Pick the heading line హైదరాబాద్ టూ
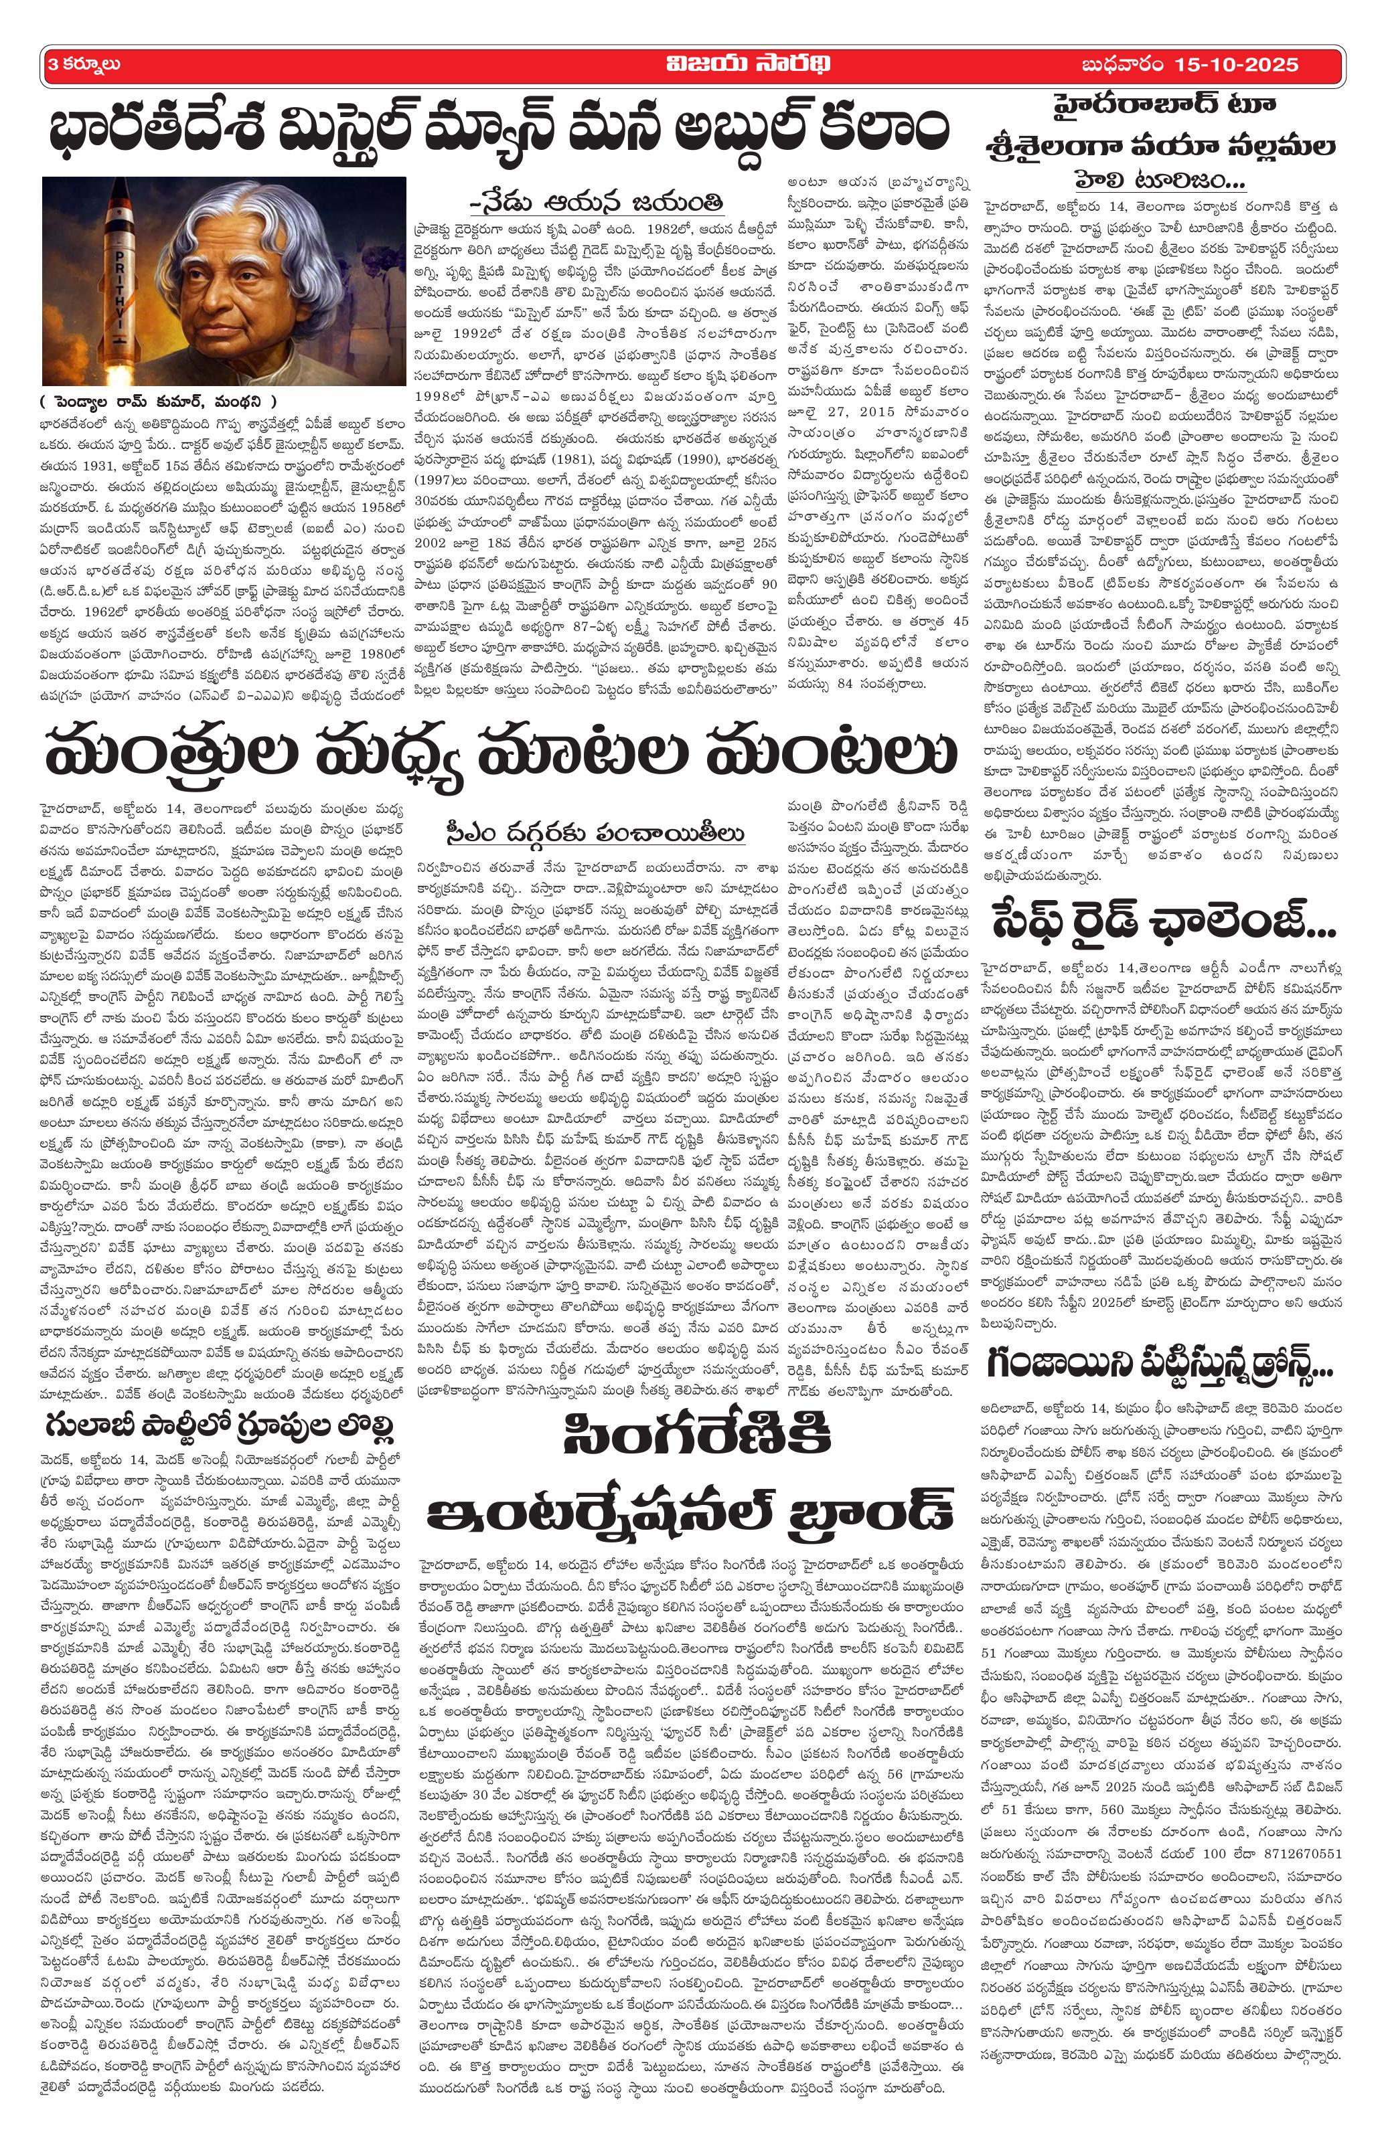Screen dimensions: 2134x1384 click(1163, 106)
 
